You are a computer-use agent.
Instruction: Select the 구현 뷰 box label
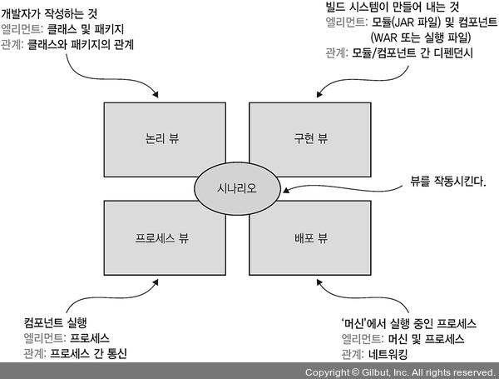[x=310, y=139]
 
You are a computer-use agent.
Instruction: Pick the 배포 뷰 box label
[x=310, y=238]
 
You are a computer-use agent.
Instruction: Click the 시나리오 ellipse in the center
[x=236, y=188]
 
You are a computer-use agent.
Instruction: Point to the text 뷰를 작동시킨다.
[x=447, y=181]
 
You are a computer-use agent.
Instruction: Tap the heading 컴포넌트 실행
[x=57, y=322]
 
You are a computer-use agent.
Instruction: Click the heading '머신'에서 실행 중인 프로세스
[x=402, y=322]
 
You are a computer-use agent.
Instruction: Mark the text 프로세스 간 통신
[x=89, y=353]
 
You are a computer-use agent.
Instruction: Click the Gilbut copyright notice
[x=399, y=372]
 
